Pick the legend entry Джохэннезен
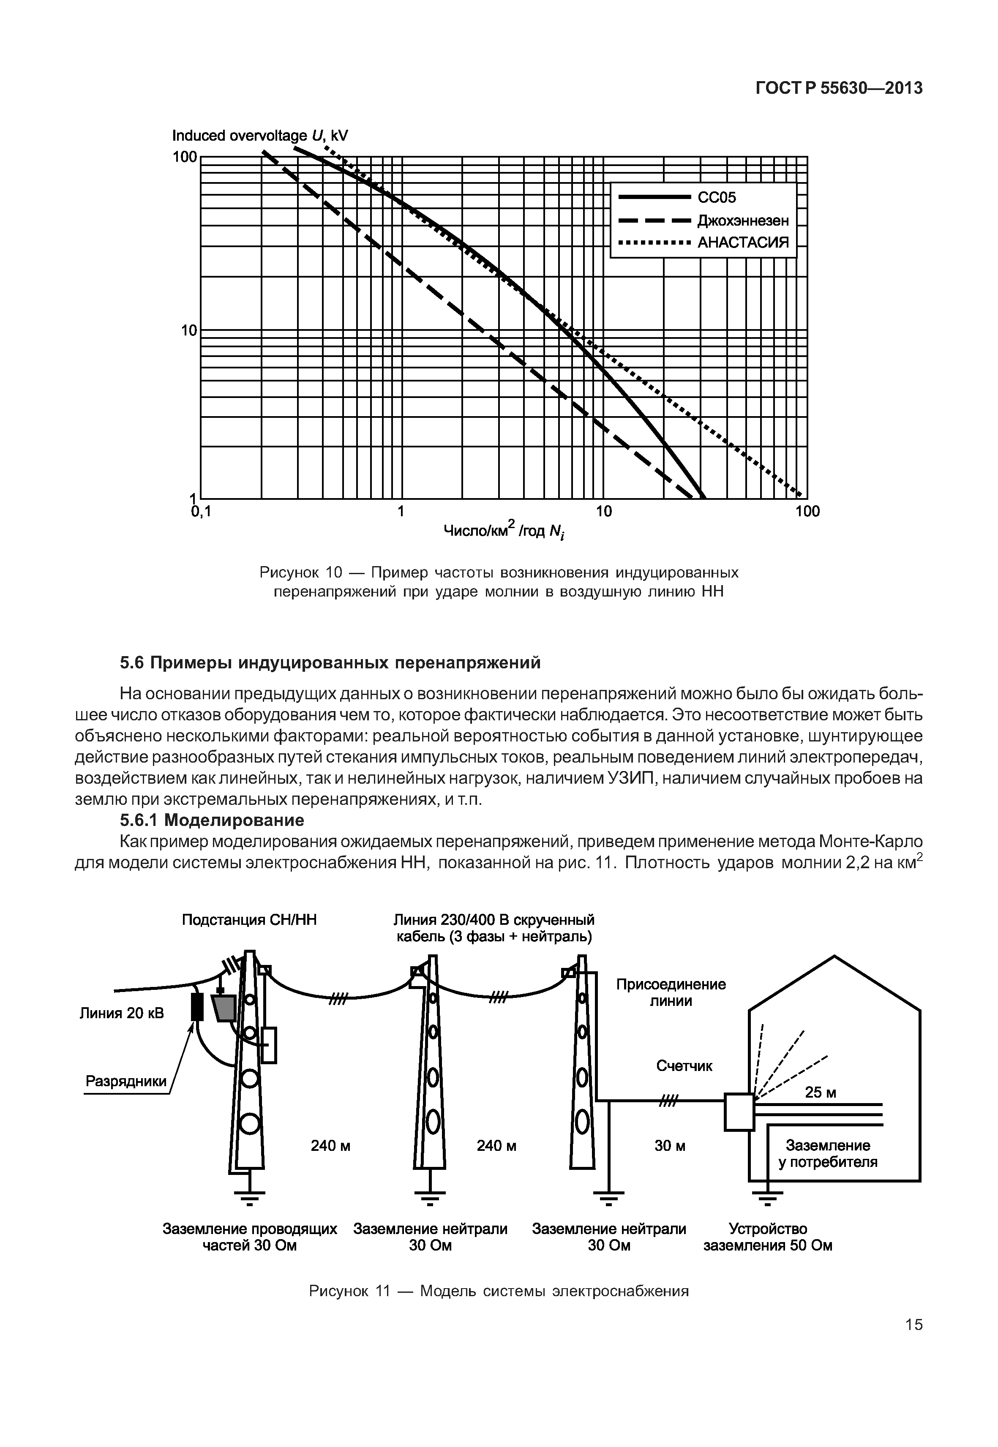pyautogui.click(x=743, y=221)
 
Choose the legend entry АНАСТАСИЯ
pyautogui.click(x=743, y=243)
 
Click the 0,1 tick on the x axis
pyautogui.click(x=201, y=512)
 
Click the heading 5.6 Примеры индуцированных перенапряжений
pyautogui.click(x=330, y=663)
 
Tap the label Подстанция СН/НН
pyautogui.click(x=249, y=920)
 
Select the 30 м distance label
pyautogui.click(x=670, y=1146)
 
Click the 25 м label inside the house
pyautogui.click(x=821, y=1093)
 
